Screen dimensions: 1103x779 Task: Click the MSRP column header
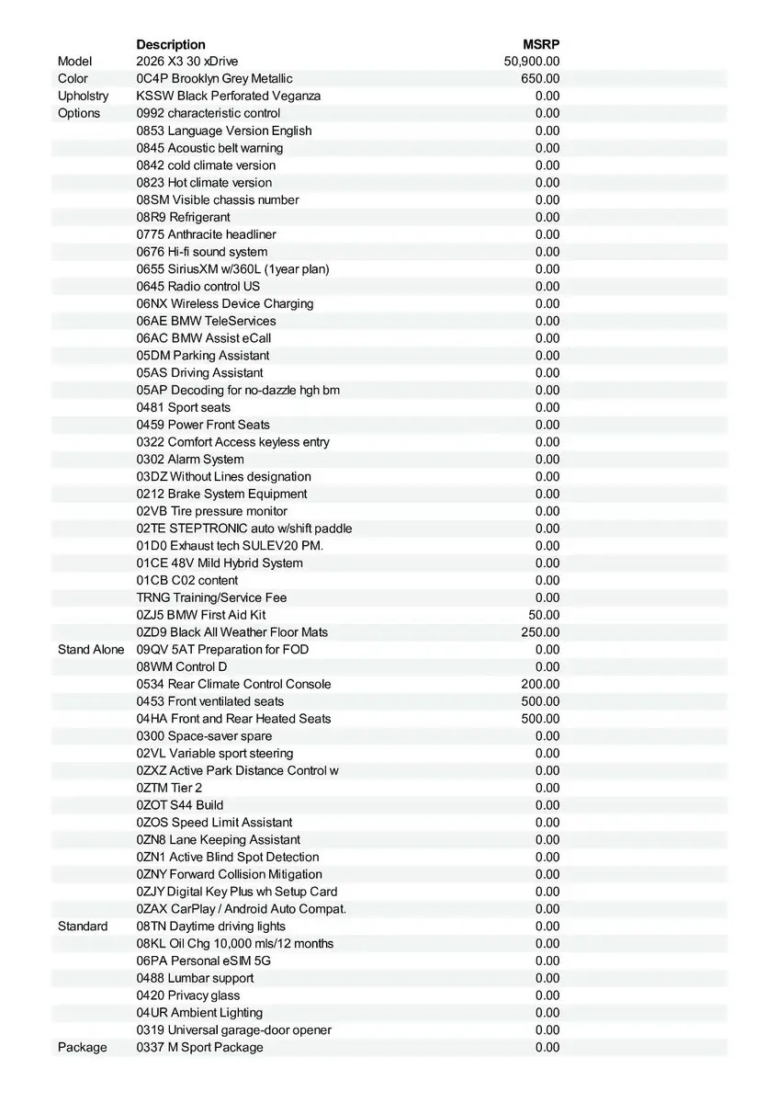click(x=541, y=44)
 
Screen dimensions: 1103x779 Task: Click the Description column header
click(x=171, y=44)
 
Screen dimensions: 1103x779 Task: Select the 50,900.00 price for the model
click(x=532, y=62)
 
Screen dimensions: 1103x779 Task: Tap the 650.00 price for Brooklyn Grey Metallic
click(x=540, y=79)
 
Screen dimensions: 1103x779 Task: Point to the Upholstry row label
click(x=83, y=96)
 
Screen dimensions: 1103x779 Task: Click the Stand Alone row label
click(x=91, y=649)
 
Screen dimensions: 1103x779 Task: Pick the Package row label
click(x=82, y=1047)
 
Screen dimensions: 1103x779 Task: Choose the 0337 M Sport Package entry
click(x=199, y=1047)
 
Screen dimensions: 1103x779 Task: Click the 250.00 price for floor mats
click(x=540, y=632)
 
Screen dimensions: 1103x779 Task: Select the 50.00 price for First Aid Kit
click(x=544, y=615)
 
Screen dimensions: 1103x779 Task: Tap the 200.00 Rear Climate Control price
click(x=540, y=684)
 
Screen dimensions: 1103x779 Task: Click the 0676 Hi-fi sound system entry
click(x=202, y=252)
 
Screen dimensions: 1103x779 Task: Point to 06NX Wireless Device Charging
click(x=225, y=303)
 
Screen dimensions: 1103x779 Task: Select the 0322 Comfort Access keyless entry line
click(x=232, y=442)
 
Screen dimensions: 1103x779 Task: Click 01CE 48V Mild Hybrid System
click(x=220, y=563)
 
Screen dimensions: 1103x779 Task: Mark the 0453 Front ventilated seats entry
click(x=210, y=701)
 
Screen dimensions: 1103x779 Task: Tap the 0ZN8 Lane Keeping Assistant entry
click(x=218, y=839)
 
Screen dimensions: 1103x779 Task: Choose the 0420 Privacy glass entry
click(x=188, y=995)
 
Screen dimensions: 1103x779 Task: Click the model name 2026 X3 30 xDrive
click(x=187, y=62)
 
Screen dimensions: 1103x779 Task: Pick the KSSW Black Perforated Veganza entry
click(x=229, y=96)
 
